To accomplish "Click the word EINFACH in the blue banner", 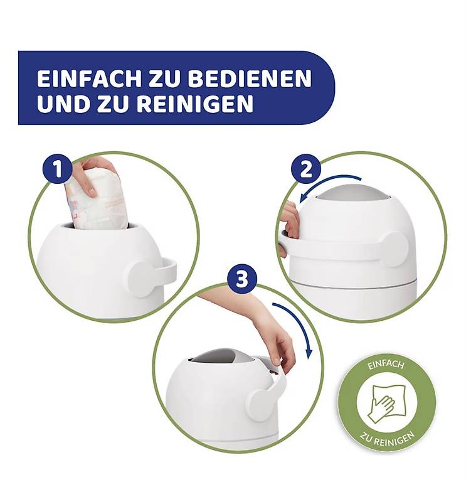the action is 89,78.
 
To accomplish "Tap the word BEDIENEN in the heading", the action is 250,78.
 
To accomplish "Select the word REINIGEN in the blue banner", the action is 195,104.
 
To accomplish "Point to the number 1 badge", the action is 58,169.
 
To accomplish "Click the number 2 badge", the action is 305,169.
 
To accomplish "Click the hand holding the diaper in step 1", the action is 93,174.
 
